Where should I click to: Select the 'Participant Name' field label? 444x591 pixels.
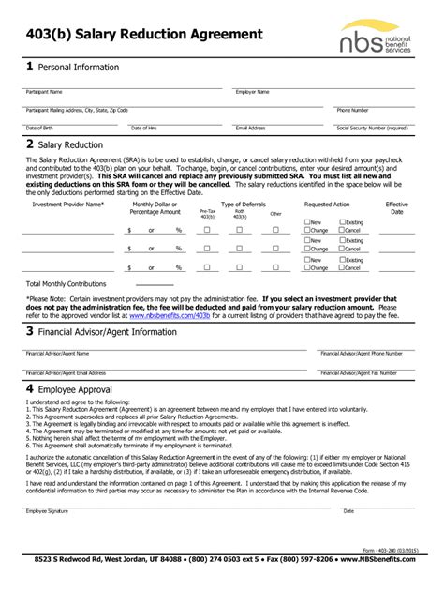pos(44,92)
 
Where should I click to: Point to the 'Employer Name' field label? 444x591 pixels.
pos(253,92)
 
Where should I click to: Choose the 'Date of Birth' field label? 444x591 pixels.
pos(39,128)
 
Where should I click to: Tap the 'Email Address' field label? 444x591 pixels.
pos(251,128)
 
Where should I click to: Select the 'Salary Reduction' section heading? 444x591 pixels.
pos(70,145)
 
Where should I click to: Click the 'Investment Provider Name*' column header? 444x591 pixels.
pos(68,204)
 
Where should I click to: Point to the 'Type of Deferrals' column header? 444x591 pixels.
pos(244,204)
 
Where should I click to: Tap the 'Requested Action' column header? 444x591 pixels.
pos(327,204)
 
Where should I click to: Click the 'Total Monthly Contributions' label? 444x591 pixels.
pos(61,282)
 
